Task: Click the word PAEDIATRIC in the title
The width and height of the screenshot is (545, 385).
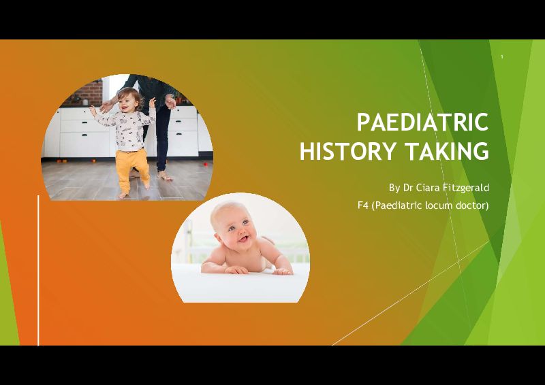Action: pos(422,122)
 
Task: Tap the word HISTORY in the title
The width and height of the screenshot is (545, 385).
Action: pos(347,151)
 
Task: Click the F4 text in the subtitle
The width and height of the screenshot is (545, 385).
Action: pos(363,205)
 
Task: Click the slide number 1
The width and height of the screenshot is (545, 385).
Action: pos(502,57)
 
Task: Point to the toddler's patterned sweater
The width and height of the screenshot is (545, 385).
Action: pos(126,129)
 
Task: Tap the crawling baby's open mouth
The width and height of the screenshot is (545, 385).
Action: pos(244,239)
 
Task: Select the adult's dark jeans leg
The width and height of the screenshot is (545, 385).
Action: pos(163,139)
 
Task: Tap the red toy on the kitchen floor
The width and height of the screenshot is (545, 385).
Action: pos(206,164)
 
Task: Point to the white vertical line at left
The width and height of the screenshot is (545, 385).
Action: pos(38,270)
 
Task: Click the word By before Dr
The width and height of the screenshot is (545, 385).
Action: pos(394,188)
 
